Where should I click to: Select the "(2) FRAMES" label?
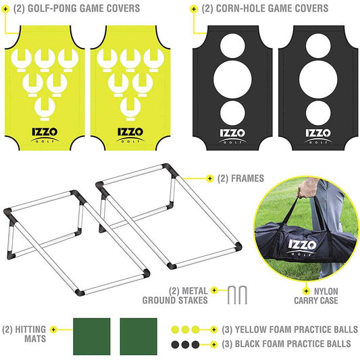point(240,179)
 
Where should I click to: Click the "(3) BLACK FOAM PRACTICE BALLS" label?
point(286,344)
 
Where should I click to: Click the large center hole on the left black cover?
point(232,75)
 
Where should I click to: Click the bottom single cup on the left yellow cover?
point(45,104)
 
